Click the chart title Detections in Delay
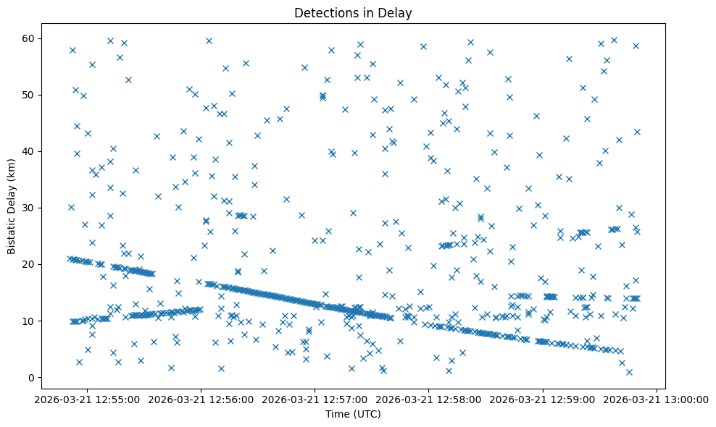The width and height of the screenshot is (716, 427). (x=353, y=12)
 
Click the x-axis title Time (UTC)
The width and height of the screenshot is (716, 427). (x=353, y=415)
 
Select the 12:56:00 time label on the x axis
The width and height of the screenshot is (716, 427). (x=201, y=399)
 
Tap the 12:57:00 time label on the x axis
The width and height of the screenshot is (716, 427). (x=315, y=399)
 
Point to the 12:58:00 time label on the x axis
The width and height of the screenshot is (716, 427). (x=429, y=399)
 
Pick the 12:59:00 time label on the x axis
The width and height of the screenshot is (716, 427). (x=543, y=399)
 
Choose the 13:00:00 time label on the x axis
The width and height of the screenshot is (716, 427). (x=657, y=399)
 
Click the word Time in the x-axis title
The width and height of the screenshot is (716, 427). (x=338, y=415)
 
